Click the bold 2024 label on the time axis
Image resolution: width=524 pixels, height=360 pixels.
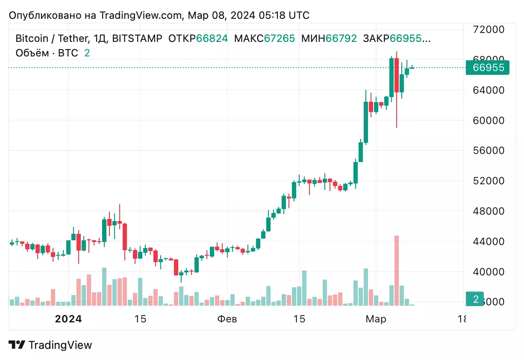click(x=69, y=319)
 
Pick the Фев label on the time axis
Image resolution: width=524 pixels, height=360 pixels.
click(x=227, y=319)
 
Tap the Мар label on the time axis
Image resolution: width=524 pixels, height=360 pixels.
click(x=376, y=319)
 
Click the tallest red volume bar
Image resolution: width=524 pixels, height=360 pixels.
click(x=397, y=270)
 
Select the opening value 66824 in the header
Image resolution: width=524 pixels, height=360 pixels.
click(x=212, y=38)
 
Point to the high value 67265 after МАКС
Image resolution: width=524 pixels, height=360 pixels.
click(x=280, y=38)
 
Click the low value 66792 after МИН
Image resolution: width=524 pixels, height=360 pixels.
click(x=341, y=38)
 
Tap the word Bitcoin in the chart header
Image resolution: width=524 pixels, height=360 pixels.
click(x=31, y=38)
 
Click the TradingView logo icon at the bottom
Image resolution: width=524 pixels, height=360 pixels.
click(x=17, y=345)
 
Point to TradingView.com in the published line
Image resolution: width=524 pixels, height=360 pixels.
click(x=141, y=15)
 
